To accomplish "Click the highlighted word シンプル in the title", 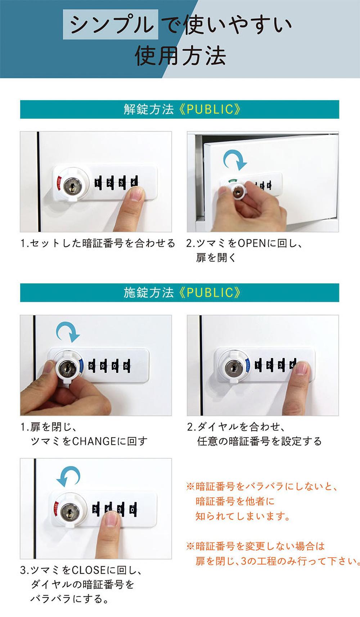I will pyautogui.click(x=111, y=25).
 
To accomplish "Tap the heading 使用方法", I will pyautogui.click(x=180, y=56).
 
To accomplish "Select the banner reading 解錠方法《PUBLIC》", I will pyautogui.click(x=180, y=109).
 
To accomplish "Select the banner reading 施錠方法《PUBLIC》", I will pyautogui.click(x=180, y=293).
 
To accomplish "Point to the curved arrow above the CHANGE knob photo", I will pyautogui.click(x=68, y=332).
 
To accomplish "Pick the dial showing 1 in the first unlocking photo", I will pyautogui.click(x=98, y=183).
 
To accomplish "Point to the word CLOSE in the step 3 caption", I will pyautogui.click(x=89, y=570).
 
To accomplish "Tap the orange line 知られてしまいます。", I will pyautogui.click(x=243, y=516).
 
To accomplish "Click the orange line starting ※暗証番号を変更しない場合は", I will pyautogui.click(x=256, y=546).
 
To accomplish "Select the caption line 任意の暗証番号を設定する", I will pyautogui.click(x=259, y=441).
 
